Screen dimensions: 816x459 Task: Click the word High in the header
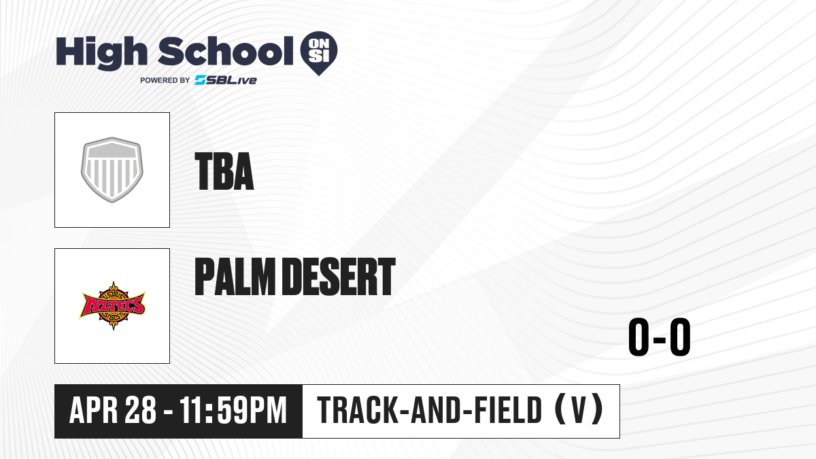pyautogui.click(x=101, y=53)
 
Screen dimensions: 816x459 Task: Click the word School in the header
pyautogui.click(x=226, y=51)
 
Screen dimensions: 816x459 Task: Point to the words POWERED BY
pyautogui.click(x=165, y=80)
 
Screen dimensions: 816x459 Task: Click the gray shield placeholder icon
pyautogui.click(x=112, y=170)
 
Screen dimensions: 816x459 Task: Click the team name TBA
pyautogui.click(x=224, y=171)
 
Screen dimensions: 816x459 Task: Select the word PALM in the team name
pyautogui.click(x=235, y=277)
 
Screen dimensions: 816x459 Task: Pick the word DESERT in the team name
pyautogui.click(x=339, y=277)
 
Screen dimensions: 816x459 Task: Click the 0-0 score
pyautogui.click(x=660, y=337)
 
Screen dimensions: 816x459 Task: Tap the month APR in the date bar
pyautogui.click(x=94, y=410)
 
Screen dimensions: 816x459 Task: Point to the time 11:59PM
pyautogui.click(x=233, y=410)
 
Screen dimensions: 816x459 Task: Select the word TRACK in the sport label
pyautogui.click(x=357, y=410)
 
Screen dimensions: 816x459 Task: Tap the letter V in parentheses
pyautogui.click(x=579, y=410)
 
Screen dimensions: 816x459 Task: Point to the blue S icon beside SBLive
pyautogui.click(x=200, y=80)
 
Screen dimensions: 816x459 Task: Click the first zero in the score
pyautogui.click(x=639, y=337)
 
